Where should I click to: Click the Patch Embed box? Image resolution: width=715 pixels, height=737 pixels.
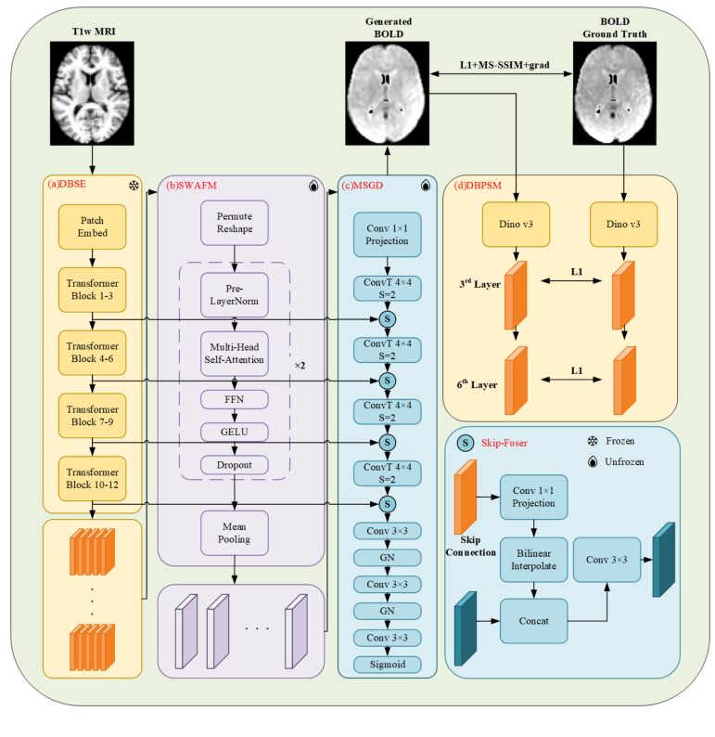(92, 228)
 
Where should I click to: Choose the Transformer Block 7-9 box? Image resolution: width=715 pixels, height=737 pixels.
(92, 413)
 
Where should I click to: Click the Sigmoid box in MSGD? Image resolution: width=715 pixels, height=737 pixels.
(385, 665)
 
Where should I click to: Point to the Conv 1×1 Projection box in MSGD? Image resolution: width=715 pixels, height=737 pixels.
(385, 235)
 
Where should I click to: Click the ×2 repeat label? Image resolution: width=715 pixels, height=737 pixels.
(300, 365)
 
